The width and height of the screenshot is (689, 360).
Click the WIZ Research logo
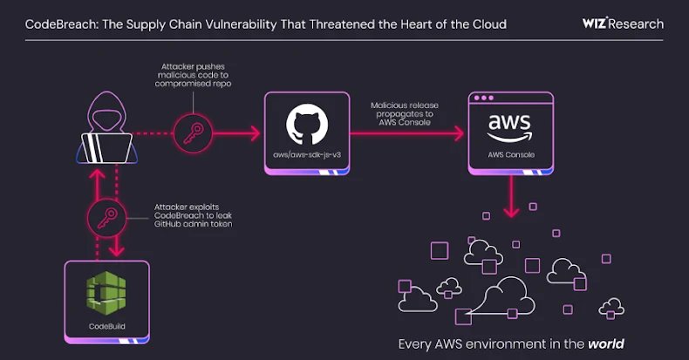point(622,24)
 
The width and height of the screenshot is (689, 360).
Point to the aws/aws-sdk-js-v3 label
point(307,160)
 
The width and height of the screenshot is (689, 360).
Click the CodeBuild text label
point(106,326)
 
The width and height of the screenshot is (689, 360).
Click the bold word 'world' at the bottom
point(605,343)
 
